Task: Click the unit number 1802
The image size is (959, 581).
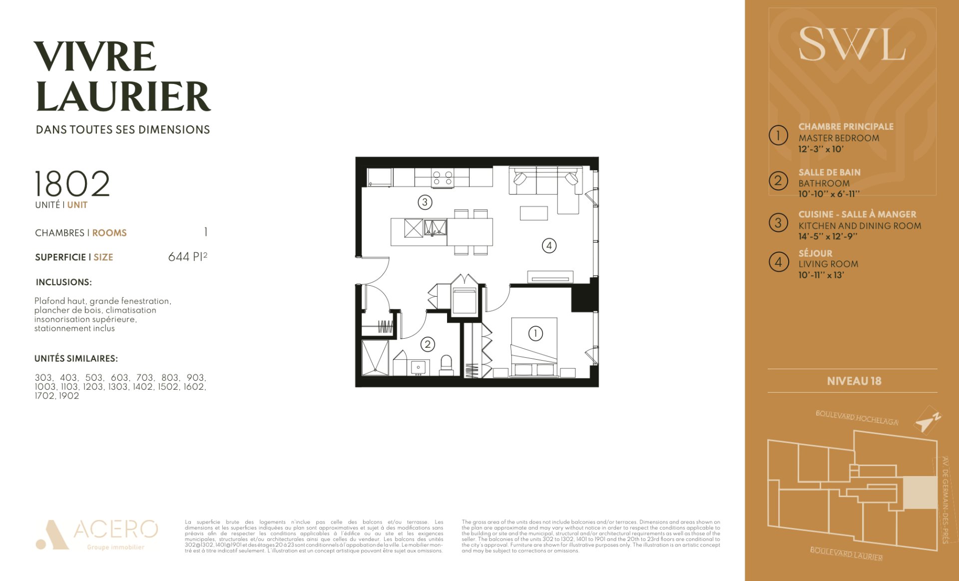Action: tap(72, 183)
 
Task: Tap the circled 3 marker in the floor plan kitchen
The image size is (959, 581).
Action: tap(425, 202)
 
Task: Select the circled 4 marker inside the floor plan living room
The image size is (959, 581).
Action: tap(549, 245)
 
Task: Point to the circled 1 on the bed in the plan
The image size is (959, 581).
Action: tap(535, 333)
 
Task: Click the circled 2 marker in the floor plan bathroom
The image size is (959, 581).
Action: tap(428, 344)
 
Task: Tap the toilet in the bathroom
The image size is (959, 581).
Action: tap(446, 365)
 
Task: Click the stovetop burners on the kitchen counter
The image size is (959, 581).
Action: tap(443, 178)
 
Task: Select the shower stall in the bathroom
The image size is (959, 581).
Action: tap(375, 358)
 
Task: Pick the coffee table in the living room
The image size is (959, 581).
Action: tap(533, 213)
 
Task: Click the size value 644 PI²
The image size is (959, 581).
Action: tap(188, 256)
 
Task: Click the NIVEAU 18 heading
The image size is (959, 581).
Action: tap(854, 381)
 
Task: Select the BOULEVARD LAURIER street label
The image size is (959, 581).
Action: tap(846, 554)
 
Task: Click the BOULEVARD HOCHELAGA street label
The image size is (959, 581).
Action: tap(857, 418)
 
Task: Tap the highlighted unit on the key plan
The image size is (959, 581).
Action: tap(920, 493)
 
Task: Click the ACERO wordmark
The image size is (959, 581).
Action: tap(116, 529)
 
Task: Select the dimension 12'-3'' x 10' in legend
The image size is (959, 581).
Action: tap(821, 149)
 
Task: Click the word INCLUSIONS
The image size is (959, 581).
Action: tap(63, 282)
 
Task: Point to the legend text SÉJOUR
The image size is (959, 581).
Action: tap(815, 253)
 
